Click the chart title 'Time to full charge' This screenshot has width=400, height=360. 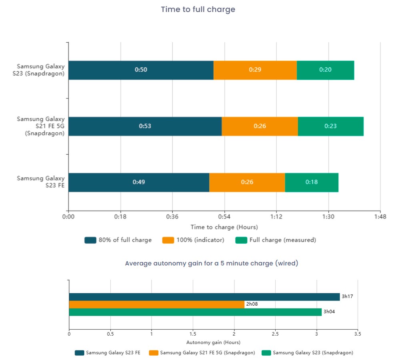pos(198,9)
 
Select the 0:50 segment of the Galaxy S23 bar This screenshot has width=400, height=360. pos(141,70)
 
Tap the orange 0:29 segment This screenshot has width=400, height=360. pos(255,70)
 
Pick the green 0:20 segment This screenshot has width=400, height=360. pos(325,70)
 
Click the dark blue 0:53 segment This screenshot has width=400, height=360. pos(145,126)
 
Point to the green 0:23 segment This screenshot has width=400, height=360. pos(330,126)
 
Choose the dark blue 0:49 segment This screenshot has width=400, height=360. pos(139,182)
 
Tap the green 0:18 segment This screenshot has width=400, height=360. pos(312,182)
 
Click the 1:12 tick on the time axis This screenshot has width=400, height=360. pos(276,217)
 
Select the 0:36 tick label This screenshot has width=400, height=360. pos(172,217)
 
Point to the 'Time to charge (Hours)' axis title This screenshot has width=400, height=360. pos(224,227)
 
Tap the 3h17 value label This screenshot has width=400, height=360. pos(347,297)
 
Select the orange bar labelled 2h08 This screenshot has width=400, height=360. pos(156,304)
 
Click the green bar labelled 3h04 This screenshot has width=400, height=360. pos(195,312)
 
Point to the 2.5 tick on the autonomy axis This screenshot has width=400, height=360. pos(275,334)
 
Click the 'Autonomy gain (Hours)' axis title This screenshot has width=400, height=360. pos(213,342)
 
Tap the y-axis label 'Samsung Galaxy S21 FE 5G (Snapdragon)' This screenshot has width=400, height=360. pos(40,126)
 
